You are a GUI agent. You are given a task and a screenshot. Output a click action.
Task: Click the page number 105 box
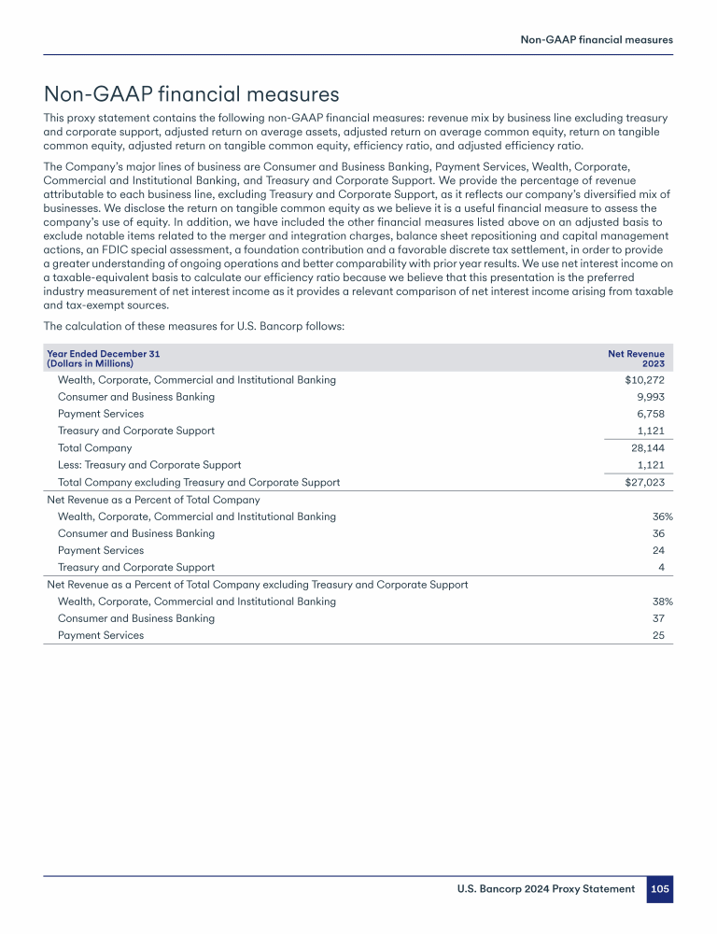tap(660, 889)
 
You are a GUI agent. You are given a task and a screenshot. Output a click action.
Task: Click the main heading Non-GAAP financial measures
tap(191, 94)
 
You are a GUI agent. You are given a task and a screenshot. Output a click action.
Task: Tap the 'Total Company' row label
tap(94, 447)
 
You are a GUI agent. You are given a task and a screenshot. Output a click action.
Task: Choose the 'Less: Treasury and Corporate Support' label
tap(149, 464)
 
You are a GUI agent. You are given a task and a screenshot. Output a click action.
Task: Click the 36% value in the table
tap(662, 517)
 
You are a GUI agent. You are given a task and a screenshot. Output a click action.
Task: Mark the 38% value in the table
tap(662, 601)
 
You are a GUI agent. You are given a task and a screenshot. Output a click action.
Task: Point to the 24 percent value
tap(665, 550)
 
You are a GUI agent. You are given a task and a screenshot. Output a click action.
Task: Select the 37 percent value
tap(665, 618)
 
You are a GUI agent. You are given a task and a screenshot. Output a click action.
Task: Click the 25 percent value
tap(665, 635)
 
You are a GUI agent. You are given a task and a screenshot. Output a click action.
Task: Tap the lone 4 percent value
tap(668, 567)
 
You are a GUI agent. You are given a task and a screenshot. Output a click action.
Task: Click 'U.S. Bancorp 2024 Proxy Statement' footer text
tap(545, 889)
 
